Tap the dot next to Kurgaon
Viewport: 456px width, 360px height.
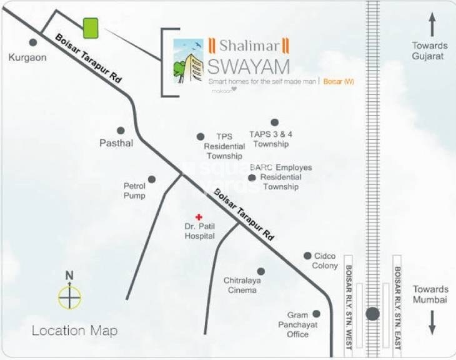[32, 42]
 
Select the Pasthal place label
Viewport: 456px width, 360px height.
[116, 143]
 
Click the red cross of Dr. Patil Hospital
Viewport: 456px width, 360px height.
[199, 216]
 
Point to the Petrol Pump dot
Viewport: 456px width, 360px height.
[152, 179]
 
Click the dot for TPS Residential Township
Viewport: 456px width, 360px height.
[201, 136]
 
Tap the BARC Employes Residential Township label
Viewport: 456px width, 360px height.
[280, 177]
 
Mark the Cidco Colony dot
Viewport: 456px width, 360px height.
[307, 256]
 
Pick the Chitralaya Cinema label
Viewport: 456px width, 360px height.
[240, 285]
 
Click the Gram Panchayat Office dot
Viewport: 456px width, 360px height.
[316, 314]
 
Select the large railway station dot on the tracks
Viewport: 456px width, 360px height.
[373, 314]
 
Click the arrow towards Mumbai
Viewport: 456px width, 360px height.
[432, 321]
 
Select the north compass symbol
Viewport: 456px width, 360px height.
[69, 296]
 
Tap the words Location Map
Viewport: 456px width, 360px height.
[74, 331]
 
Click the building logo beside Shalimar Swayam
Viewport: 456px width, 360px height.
[188, 61]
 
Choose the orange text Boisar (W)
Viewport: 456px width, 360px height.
[339, 81]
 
